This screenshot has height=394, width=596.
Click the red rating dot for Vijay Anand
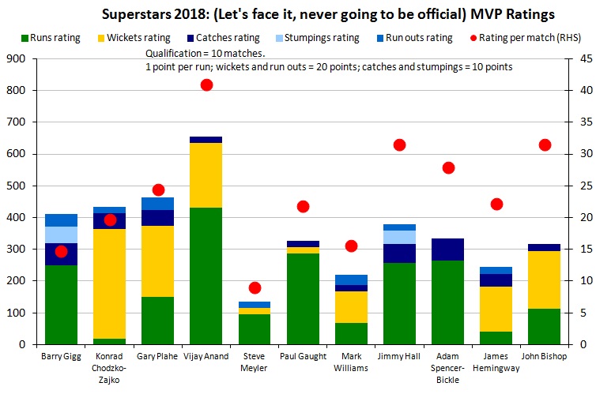pos(206,84)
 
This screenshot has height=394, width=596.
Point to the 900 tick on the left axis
pos(17,58)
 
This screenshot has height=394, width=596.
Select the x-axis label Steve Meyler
pos(255,362)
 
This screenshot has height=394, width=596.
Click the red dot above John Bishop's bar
pos(545,144)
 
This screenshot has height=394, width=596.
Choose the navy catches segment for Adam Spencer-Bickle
pos(448,250)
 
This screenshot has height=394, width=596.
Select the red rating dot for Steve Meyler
pos(255,287)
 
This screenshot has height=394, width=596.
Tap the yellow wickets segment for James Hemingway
pos(496,309)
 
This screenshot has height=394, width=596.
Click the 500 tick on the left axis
pos(17,186)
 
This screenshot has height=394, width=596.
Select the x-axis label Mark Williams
pos(351,362)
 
